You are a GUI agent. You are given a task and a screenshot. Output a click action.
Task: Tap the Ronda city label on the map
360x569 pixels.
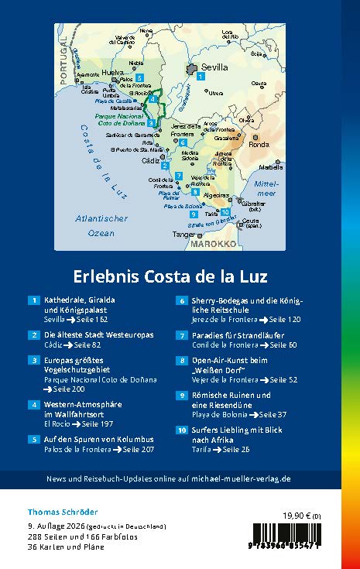point(259,145)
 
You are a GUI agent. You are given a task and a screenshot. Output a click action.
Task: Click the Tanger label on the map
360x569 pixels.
point(183,233)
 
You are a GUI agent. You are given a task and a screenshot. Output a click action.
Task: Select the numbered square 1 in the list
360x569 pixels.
point(34,300)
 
